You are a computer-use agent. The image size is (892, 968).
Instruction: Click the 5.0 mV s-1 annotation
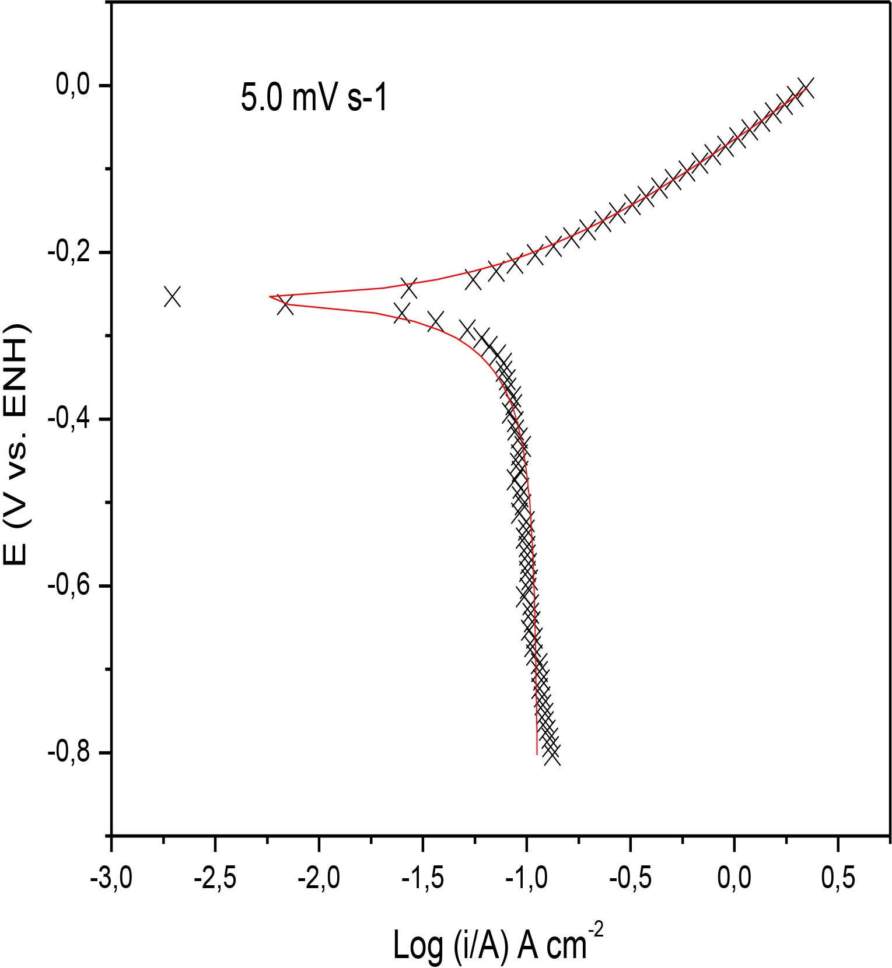pos(314,97)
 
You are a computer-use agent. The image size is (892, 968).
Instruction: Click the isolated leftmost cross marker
pos(172,296)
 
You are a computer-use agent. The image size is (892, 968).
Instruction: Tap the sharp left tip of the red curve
pos(270,297)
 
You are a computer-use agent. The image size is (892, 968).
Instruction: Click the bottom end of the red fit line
pos(537,754)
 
